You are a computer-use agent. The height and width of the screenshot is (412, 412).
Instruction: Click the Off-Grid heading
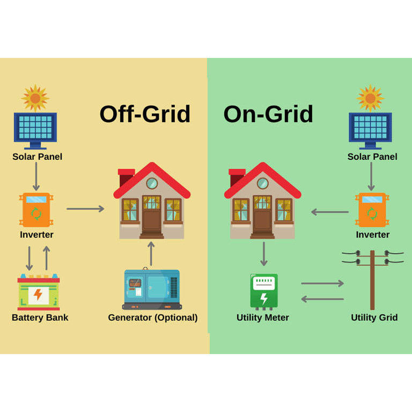click(145, 114)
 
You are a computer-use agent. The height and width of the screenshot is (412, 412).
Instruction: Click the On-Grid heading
click(268, 114)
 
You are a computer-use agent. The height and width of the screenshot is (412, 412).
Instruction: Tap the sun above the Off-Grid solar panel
click(35, 98)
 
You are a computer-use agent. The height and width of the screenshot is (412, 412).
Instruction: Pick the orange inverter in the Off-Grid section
click(36, 210)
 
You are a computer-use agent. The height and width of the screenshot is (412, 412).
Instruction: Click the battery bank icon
click(39, 293)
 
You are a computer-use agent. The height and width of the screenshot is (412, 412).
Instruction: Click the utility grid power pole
click(372, 278)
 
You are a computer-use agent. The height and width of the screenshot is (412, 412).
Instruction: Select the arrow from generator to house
click(151, 254)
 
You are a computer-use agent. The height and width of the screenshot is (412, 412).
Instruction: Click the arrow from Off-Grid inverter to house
click(85, 209)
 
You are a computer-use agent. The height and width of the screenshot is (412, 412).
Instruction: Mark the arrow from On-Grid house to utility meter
click(263, 254)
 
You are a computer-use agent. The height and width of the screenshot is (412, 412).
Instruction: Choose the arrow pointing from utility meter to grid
click(322, 283)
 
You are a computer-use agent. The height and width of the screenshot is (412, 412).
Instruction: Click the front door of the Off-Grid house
click(151, 219)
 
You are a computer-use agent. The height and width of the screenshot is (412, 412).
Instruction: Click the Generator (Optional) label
click(153, 318)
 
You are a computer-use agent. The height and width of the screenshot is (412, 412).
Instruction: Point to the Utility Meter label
click(263, 318)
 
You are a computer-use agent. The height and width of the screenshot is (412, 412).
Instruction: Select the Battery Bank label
click(40, 318)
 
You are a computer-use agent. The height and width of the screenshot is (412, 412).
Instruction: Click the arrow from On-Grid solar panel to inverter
click(371, 176)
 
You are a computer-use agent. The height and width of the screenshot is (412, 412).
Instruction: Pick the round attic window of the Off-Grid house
click(152, 183)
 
